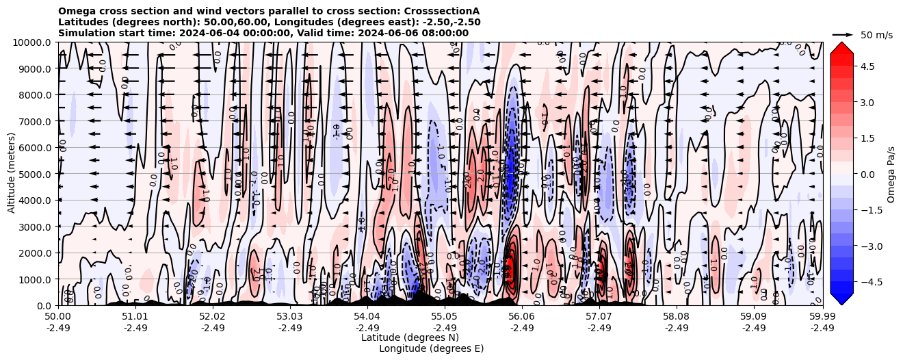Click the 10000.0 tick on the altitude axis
pyautogui.click(x=33, y=42)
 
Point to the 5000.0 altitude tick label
pyautogui.click(x=36, y=174)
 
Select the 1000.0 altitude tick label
pyautogui.click(x=36, y=279)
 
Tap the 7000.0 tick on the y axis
pyautogui.click(x=36, y=121)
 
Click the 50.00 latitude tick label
pyautogui.click(x=58, y=317)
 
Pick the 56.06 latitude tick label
pyautogui.click(x=522, y=317)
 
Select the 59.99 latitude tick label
pyautogui.click(x=822, y=317)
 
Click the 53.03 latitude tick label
pyautogui.click(x=290, y=317)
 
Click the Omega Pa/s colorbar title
pyautogui.click(x=891, y=174)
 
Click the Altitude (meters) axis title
pyautogui.click(x=12, y=174)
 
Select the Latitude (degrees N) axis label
pyautogui.click(x=410, y=337)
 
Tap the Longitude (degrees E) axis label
pyautogui.click(x=431, y=348)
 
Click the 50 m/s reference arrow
pyautogui.click(x=843, y=34)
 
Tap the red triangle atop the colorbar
pyautogui.click(x=841, y=47)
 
